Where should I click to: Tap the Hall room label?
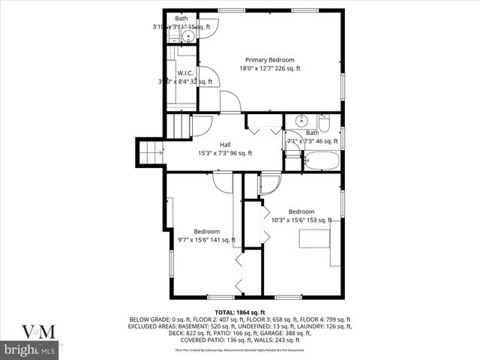point(225,145)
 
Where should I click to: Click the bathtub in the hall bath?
point(321,160)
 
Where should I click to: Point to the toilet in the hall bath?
point(325,121)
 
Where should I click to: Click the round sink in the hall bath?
point(301,121)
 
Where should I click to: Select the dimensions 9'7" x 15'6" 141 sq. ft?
point(206,240)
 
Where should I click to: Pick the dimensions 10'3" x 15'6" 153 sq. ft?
point(301,220)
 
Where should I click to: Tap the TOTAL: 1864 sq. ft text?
point(240,312)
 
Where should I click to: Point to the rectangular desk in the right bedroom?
point(313,238)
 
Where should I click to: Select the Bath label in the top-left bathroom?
point(181,18)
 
